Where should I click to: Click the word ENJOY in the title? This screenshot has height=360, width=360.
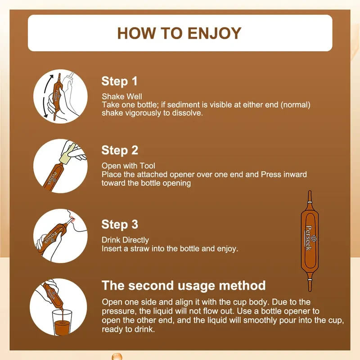(215, 33)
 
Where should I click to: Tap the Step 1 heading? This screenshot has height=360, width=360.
(119, 81)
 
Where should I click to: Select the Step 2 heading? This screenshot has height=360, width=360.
(120, 151)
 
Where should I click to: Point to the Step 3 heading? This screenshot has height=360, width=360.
(120, 225)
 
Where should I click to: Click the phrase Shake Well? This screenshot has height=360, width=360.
(122, 96)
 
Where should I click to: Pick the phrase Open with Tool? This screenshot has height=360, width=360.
(128, 166)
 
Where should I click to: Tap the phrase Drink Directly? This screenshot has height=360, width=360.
(126, 240)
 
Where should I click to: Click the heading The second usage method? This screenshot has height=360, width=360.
(184, 286)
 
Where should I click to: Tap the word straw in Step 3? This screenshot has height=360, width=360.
(140, 249)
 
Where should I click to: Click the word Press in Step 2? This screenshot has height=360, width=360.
(271, 175)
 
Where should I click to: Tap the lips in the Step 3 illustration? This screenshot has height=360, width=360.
(72, 220)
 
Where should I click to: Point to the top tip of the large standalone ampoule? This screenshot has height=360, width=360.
(310, 191)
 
